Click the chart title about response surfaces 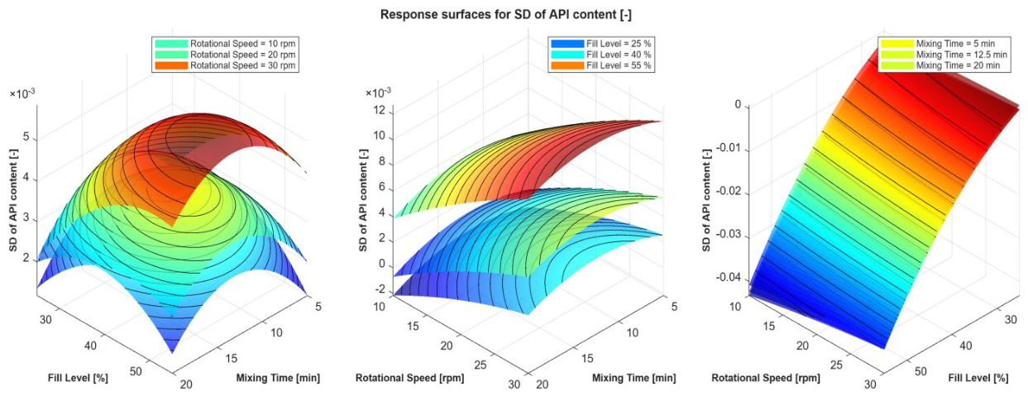[x=506, y=15]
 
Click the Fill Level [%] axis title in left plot [x=78, y=378]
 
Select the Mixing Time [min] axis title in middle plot [x=634, y=378]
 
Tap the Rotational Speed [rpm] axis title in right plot [x=766, y=378]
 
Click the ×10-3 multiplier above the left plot [x=22, y=93]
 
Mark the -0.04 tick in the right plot [x=729, y=278]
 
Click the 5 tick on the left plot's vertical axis [x=26, y=137]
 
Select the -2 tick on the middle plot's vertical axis [x=381, y=290]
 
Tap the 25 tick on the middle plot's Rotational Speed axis [x=480, y=365]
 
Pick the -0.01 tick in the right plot [x=729, y=150]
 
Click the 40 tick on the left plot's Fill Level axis [x=90, y=346]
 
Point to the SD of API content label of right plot [x=706, y=200]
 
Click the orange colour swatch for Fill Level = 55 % [x=567, y=65]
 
